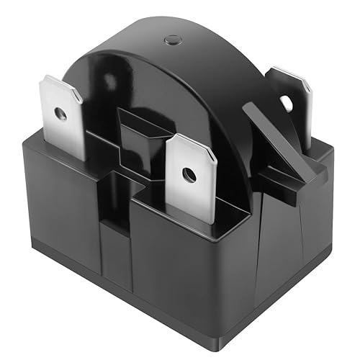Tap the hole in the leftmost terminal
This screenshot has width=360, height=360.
[61, 114]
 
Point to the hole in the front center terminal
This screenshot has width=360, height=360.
[188, 174]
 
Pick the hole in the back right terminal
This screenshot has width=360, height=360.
[287, 103]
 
